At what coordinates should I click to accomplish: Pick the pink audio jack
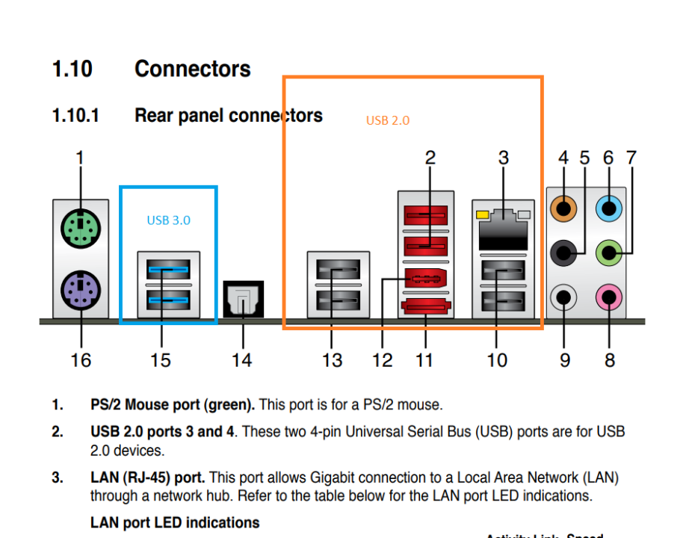click(611, 299)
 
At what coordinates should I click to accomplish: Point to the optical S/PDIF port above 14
click(243, 300)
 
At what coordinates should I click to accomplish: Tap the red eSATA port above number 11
click(425, 306)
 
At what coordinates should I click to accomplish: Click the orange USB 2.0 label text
click(388, 120)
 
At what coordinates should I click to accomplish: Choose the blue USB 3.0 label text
click(168, 220)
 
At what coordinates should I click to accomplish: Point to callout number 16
click(81, 360)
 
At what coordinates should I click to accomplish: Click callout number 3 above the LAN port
click(503, 158)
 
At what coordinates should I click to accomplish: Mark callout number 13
click(332, 360)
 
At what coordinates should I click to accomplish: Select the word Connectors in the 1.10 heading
click(192, 69)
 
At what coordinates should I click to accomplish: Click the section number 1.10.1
click(75, 116)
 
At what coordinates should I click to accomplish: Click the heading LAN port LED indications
click(175, 522)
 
